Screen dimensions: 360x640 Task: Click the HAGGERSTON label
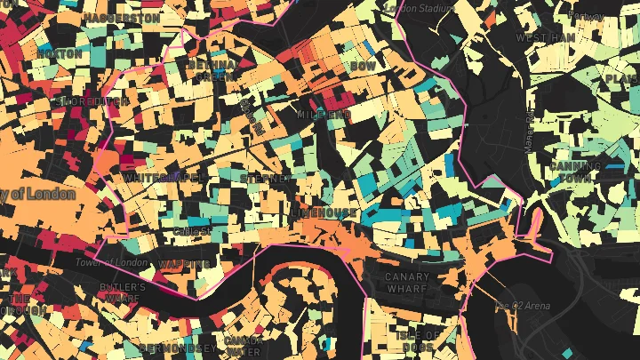[122, 18]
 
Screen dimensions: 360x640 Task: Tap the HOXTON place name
[60, 53]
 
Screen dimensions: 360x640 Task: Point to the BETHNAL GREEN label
[212, 70]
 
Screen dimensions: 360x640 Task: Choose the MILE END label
[324, 116]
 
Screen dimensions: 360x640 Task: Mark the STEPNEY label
[265, 179]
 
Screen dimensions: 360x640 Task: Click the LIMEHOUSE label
[324, 214]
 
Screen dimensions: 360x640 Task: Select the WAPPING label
[184, 264]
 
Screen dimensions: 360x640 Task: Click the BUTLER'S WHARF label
[123, 293]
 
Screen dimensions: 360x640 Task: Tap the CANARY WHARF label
[407, 283]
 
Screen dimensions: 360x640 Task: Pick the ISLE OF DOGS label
[417, 340]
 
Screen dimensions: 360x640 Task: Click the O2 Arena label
[522, 306]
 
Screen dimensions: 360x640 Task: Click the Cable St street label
[192, 231]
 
